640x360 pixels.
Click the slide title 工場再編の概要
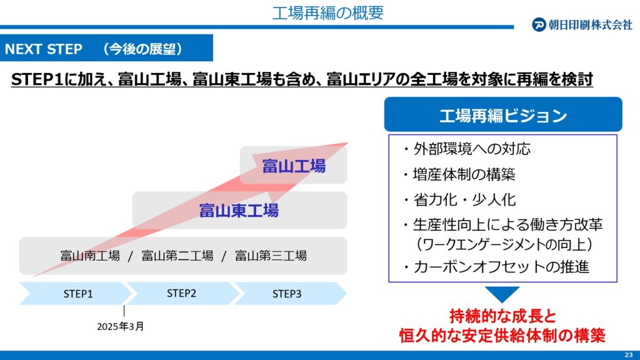click(327, 12)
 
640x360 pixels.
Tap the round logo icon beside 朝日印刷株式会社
click(539, 24)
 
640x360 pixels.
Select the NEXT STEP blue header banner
click(106, 47)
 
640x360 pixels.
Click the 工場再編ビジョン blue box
click(503, 114)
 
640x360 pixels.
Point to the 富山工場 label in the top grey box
click(294, 166)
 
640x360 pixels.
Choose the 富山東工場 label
click(239, 210)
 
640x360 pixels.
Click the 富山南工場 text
click(90, 256)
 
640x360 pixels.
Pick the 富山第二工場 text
click(177, 256)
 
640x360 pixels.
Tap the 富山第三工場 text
click(271, 256)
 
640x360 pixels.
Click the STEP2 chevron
click(182, 294)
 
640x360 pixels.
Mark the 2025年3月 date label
click(121, 326)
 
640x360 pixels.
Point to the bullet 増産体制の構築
click(459, 175)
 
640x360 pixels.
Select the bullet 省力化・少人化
click(459, 200)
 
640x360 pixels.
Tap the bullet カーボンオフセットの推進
click(496, 267)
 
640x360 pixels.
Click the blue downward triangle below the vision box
click(502, 293)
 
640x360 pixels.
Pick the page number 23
click(629, 355)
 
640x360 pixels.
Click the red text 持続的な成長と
click(502, 316)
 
